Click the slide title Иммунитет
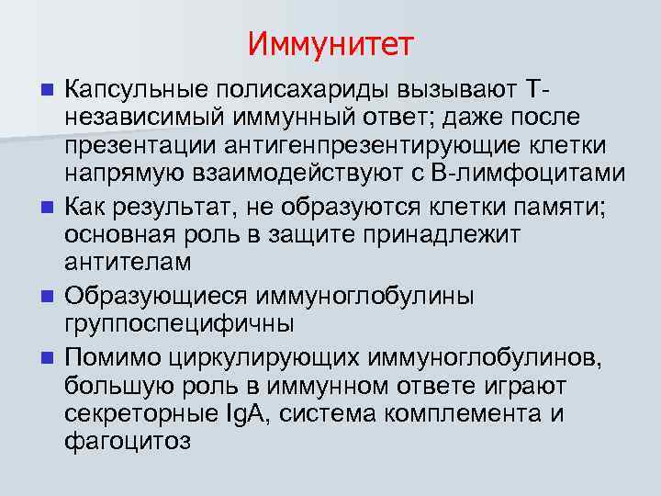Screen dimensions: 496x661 pyautogui.click(x=330, y=43)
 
